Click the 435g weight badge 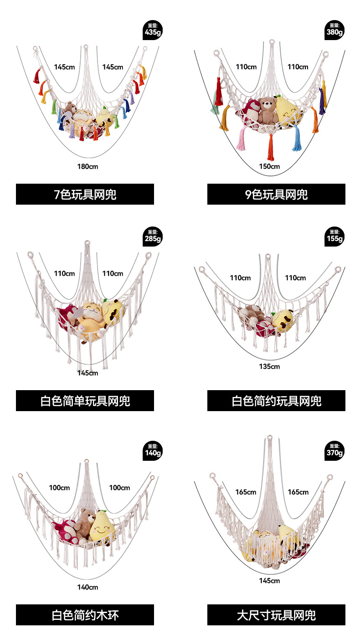(x=152, y=30)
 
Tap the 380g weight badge (x=334, y=30)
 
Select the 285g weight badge (x=152, y=236)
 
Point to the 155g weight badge (x=334, y=236)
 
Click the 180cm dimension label (x=87, y=166)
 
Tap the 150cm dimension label (x=269, y=166)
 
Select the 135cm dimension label (x=269, y=366)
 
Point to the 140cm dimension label (x=87, y=587)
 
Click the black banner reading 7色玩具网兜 (x=85, y=194)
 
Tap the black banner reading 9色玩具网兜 (x=276, y=194)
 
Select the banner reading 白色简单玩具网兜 (x=85, y=401)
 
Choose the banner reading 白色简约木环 (x=85, y=615)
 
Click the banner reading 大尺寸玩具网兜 (x=276, y=615)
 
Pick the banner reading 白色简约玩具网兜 (x=276, y=401)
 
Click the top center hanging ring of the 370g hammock (x=270, y=439)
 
